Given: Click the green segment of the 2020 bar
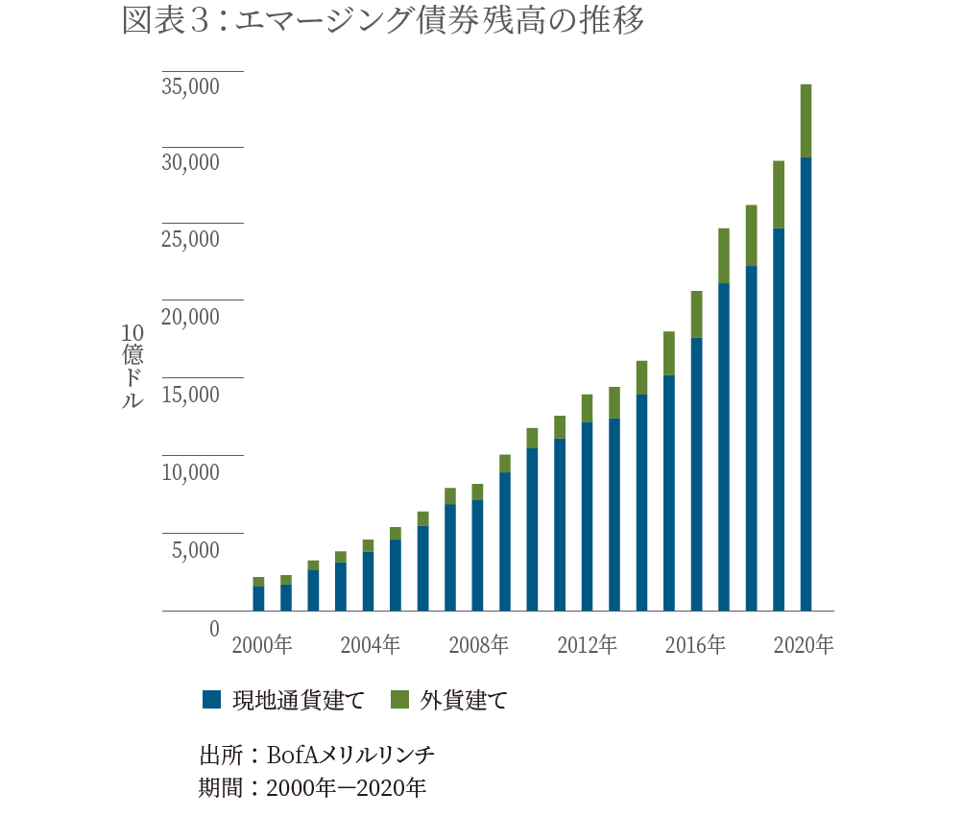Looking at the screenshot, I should pos(806,121).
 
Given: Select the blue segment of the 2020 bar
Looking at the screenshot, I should pos(806,384).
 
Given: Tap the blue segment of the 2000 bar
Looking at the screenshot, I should pos(258,598).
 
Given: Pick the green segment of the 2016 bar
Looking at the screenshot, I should pos(696,314).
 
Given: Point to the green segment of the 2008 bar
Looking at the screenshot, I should pos(477,492).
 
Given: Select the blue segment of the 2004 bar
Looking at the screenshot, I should pos(368,581).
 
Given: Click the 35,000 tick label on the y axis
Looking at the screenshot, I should pos(190,86).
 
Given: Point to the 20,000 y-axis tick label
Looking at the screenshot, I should pos(190,317).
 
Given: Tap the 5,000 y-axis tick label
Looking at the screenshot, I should pos(196,550).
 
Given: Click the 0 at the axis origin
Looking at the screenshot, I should pos(214,628).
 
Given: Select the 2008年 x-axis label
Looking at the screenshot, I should pos(479,645).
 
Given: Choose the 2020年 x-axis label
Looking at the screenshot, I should pos(805,645).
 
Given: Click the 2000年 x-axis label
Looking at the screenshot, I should pos(262,645).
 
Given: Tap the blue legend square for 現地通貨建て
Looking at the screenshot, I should pos(211,699).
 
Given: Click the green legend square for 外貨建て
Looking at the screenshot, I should pos(399,699).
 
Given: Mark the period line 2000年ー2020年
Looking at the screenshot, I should pos(346,788).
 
